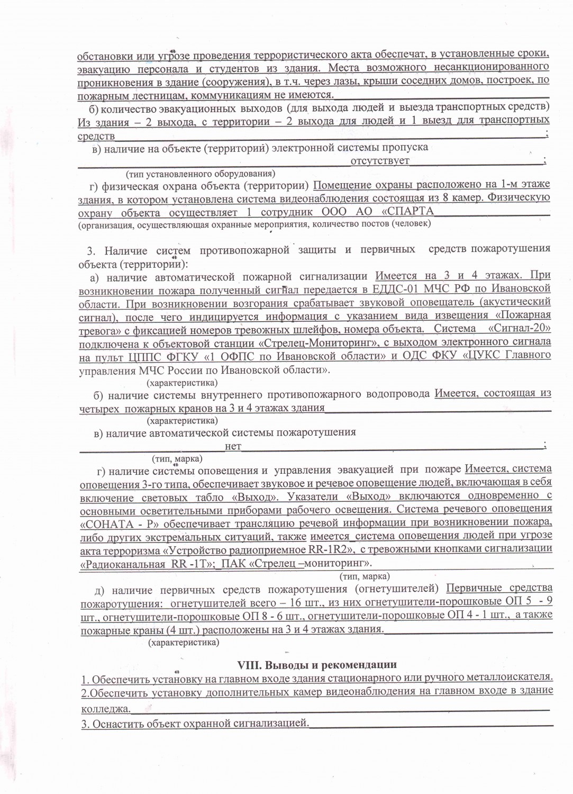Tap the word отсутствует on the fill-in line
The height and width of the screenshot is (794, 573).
tap(379, 160)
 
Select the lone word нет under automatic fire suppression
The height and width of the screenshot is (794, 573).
tap(233, 446)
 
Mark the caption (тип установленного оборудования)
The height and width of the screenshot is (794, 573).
tap(200, 174)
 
